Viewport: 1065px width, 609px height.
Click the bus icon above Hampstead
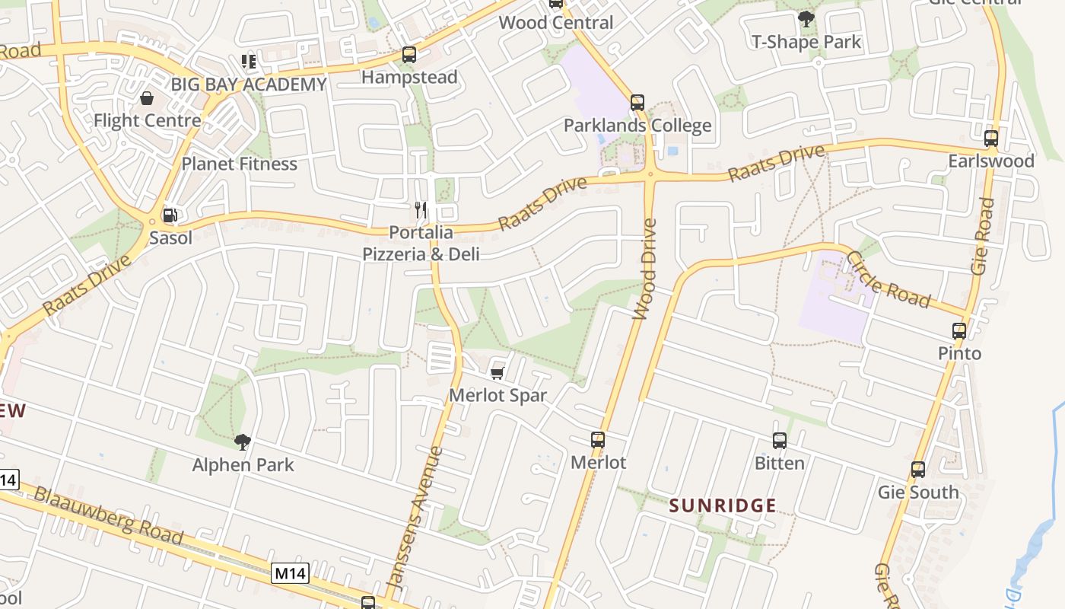(x=409, y=55)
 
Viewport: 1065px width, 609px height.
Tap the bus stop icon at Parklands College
(x=637, y=103)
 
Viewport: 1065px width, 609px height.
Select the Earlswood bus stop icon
(x=990, y=139)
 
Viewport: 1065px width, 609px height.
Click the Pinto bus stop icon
(x=959, y=331)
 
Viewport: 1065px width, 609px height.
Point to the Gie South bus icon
(x=918, y=470)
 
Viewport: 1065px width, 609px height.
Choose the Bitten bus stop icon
(x=780, y=441)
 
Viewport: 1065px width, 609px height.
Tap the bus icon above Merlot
(x=598, y=440)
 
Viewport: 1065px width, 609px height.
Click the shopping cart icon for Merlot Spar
(x=498, y=373)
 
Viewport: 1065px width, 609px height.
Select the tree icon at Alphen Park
(x=243, y=442)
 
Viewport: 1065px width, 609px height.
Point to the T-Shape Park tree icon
(x=806, y=19)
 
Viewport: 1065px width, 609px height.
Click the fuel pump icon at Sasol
(x=170, y=215)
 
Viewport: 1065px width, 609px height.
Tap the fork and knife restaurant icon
(x=421, y=209)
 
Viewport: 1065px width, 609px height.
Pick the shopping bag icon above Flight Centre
(x=147, y=98)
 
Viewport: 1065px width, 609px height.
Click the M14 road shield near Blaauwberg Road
(x=291, y=573)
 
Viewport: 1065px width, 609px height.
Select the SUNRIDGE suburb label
(x=723, y=505)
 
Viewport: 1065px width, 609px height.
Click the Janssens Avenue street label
(x=415, y=518)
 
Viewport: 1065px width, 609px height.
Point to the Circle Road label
(x=888, y=279)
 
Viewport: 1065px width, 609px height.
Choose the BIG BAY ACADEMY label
(x=249, y=84)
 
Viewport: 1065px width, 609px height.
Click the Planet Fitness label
(x=239, y=164)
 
